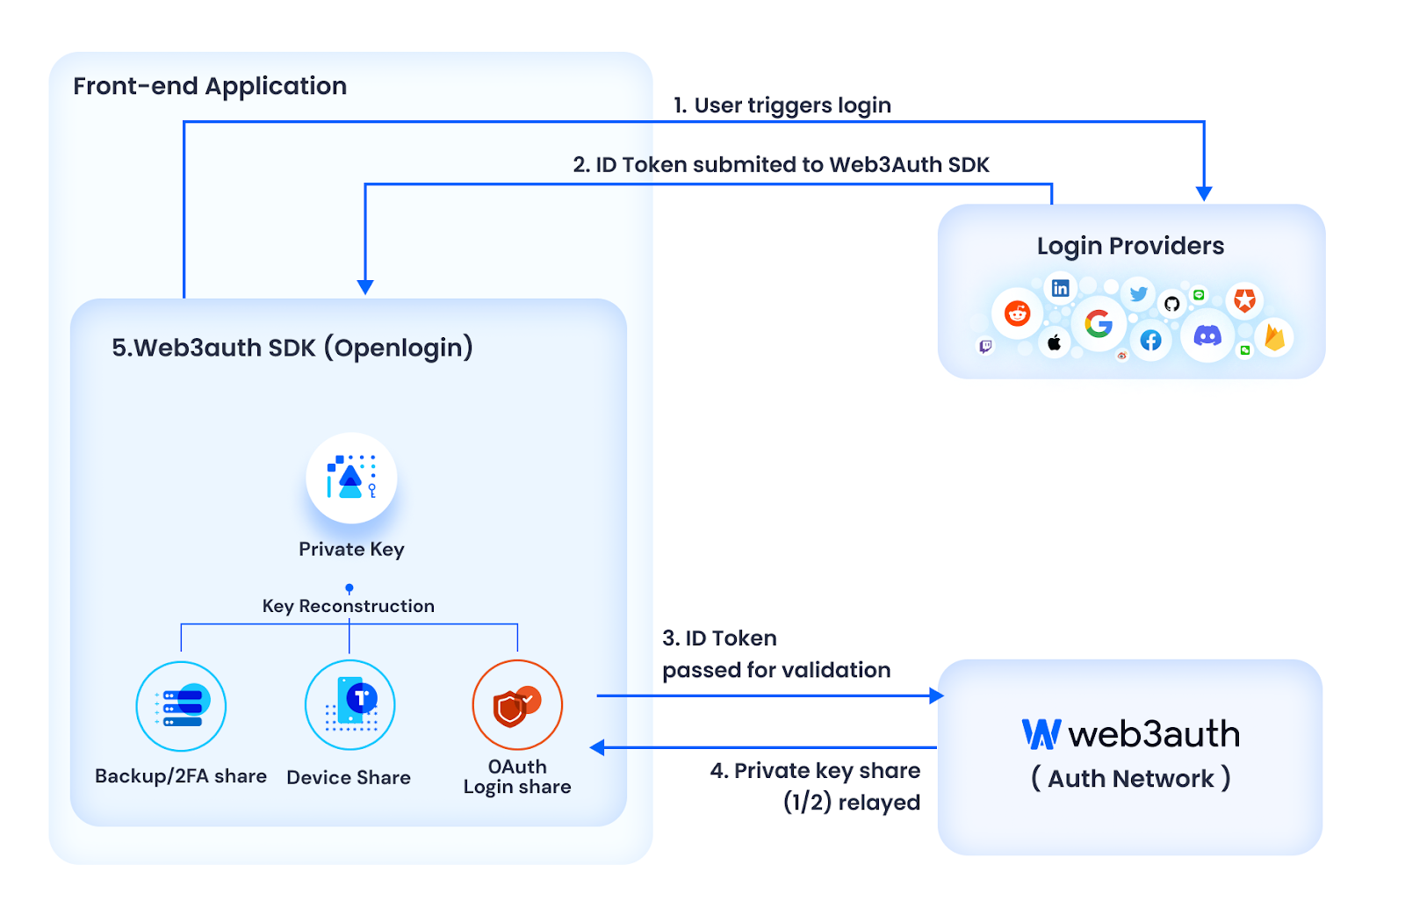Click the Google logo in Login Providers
(1099, 324)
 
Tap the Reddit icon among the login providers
(1017, 313)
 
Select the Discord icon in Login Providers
(1207, 335)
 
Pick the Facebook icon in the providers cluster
(1150, 341)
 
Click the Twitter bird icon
(1139, 294)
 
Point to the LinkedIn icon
(1061, 288)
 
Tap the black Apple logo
(1055, 342)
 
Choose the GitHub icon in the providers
(1171, 304)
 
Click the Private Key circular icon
(351, 478)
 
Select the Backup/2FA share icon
(181, 706)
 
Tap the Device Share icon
(349, 705)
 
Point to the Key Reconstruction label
(349, 606)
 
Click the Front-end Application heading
(210, 86)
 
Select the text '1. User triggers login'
(782, 105)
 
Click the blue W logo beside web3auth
(1041, 734)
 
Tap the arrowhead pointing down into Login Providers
(1204, 193)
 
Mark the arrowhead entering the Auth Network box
(936, 695)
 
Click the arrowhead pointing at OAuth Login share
(598, 747)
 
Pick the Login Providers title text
(1130, 246)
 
